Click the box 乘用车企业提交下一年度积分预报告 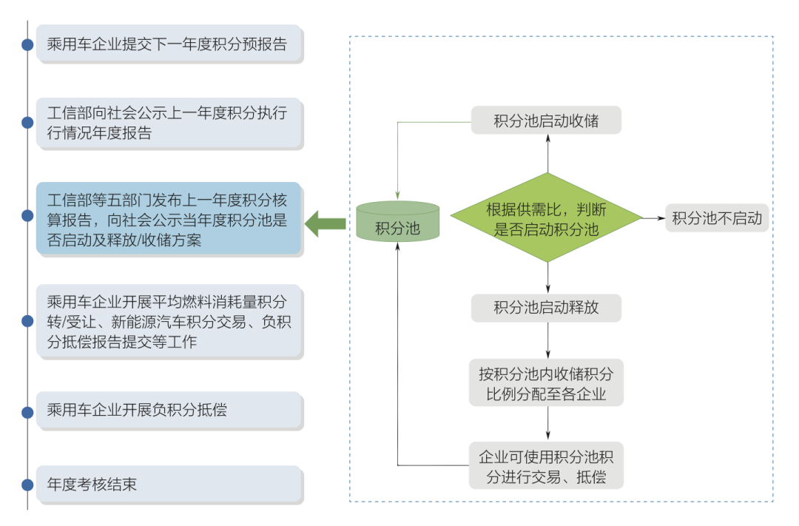[x=169, y=44]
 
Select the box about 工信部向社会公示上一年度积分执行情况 [x=169, y=123]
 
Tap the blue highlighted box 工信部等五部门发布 [x=169, y=219]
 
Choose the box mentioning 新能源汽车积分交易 [x=169, y=321]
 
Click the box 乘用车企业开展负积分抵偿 [x=169, y=410]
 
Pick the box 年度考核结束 [x=169, y=485]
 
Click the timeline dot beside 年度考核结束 [x=27, y=485]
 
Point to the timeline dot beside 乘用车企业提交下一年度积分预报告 [x=27, y=44]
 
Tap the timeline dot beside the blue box [x=27, y=216]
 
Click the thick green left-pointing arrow [x=326, y=223]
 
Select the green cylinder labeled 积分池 [x=397, y=222]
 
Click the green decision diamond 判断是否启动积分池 [x=547, y=218]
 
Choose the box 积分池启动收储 [x=546, y=121]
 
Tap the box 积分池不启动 [x=717, y=218]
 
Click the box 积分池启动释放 [x=546, y=308]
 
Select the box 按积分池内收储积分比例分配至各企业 [x=546, y=382]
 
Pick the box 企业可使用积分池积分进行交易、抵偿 [x=546, y=465]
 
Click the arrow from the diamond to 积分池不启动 [x=653, y=218]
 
